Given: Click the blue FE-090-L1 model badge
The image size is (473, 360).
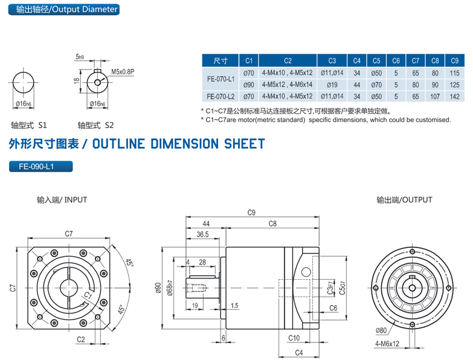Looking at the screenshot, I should coord(41,167).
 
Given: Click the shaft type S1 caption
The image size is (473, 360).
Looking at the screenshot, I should coord(29,126).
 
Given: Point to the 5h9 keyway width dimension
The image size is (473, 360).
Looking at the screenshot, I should coord(80,57).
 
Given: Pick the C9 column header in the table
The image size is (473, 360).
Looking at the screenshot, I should coord(455,60).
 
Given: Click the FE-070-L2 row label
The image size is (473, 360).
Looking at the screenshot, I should coord(220,96).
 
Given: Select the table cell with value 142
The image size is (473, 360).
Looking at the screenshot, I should coord(455,96).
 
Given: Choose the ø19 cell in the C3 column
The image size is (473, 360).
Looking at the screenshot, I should coord(332,85).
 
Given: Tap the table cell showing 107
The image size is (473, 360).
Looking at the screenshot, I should coord(435,96).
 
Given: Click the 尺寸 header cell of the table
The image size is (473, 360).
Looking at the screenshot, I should coord(220,60).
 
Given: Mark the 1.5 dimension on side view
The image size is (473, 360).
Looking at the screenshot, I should coord(234,306).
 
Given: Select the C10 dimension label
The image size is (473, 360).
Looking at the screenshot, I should coord(294,338).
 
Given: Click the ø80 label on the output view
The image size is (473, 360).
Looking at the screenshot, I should coord(381,330).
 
